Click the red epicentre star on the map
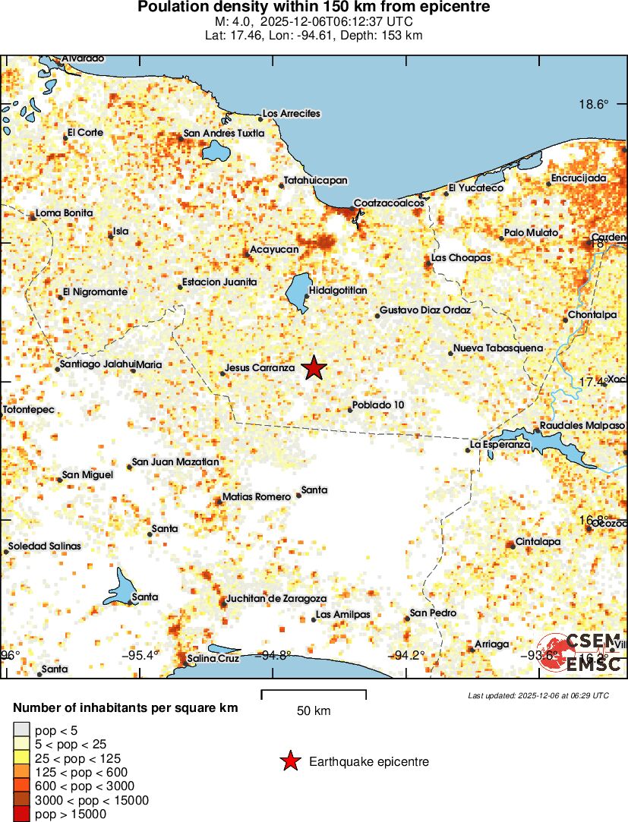coord(314,368)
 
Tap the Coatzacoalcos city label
coord(388,203)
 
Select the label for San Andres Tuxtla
coord(224,134)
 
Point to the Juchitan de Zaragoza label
coord(276,598)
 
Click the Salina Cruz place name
coord(213,658)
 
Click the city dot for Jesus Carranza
coord(222,373)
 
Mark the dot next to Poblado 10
coord(350,410)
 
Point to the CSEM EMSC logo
coord(580,653)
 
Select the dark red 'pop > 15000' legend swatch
coord(21,814)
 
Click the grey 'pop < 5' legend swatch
coord(21,730)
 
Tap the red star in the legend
coord(289,761)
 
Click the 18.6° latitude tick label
coord(593,105)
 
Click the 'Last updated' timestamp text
coord(538,695)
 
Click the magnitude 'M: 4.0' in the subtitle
coord(233,22)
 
